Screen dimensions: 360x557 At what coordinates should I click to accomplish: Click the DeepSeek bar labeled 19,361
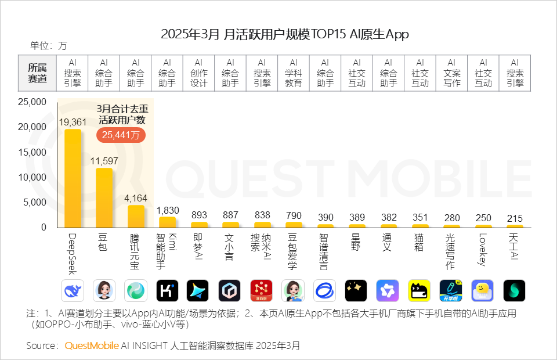coord(73,178)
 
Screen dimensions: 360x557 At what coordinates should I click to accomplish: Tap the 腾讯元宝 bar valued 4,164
coord(136,216)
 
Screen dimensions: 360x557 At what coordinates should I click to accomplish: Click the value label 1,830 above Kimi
coord(167,210)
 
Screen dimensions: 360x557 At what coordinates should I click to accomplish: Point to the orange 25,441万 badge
coord(121,135)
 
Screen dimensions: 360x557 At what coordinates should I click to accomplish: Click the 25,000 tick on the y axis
coord(32,102)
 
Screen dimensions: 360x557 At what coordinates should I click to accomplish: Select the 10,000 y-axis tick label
coord(32,178)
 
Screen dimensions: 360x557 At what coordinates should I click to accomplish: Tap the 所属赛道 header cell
coord(38,73)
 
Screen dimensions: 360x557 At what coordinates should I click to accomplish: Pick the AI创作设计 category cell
coord(198,73)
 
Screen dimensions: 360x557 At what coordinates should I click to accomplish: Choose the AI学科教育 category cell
coord(294,73)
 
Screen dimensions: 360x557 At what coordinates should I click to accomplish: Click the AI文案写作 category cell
coord(452,73)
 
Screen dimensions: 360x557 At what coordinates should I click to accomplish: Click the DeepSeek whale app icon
coord(73,290)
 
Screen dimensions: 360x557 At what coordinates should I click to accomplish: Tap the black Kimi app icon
coord(167,290)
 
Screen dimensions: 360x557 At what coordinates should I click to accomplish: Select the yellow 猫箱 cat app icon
coord(419,290)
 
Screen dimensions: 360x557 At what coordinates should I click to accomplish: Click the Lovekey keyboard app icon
coord(483,290)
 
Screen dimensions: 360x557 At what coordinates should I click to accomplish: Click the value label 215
coord(515,218)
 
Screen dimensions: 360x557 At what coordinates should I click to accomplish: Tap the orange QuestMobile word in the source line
coord(91,345)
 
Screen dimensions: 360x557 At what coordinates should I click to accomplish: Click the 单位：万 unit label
coord(49,46)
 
